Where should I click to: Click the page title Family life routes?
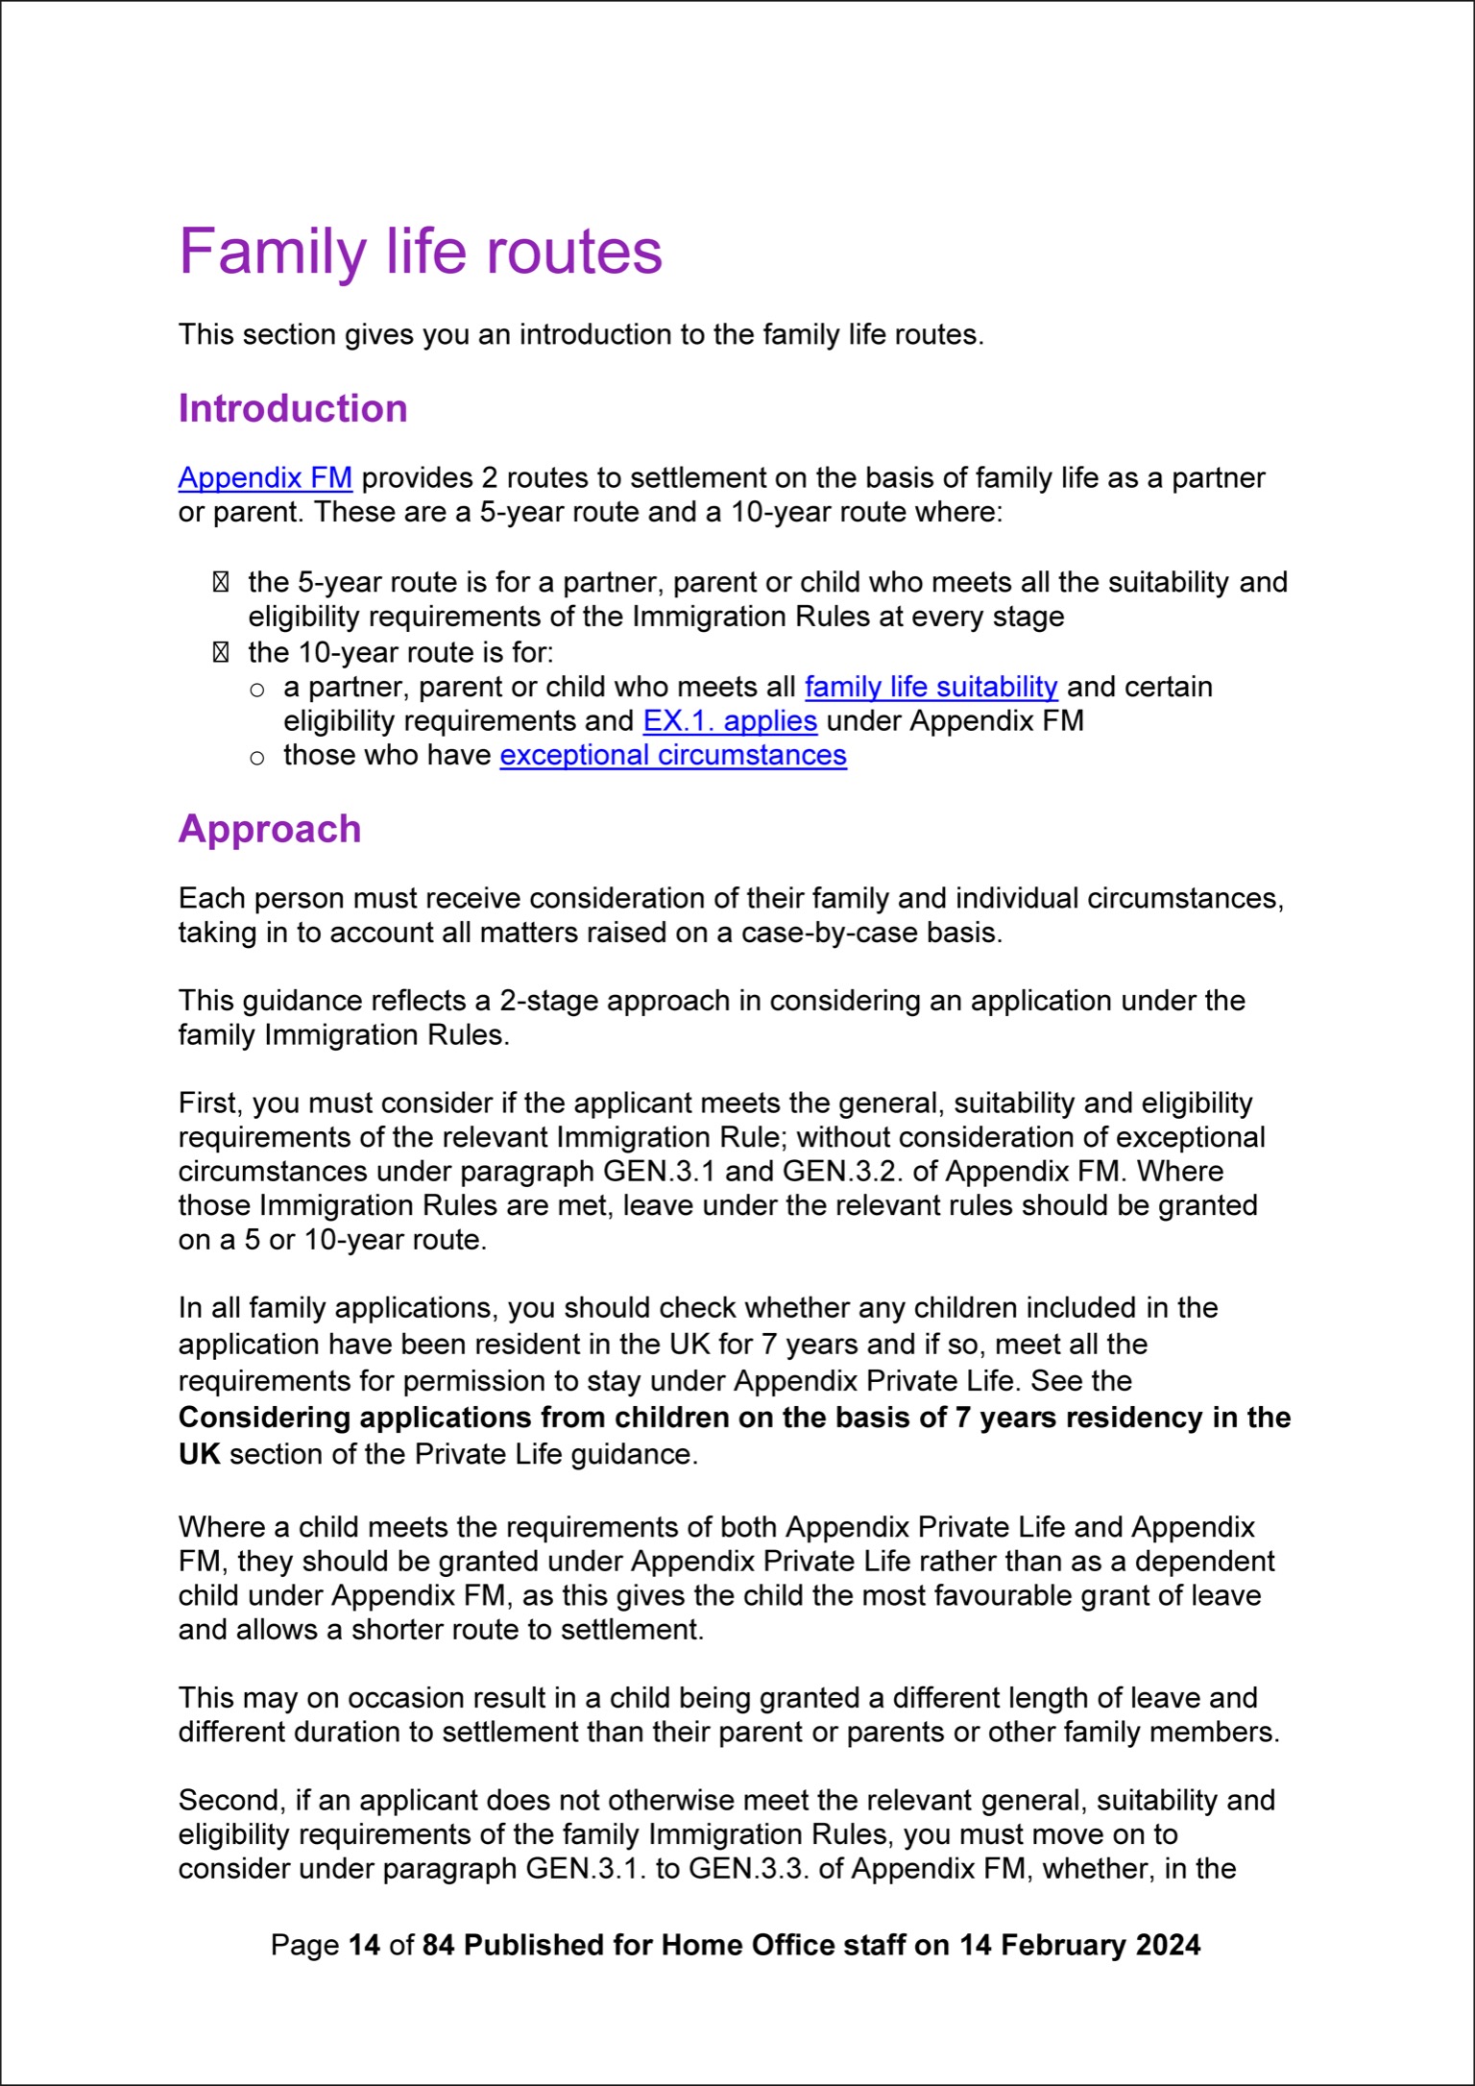[420, 252]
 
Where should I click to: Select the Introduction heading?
[293, 408]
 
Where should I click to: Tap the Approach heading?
[270, 829]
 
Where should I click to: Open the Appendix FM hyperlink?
[265, 477]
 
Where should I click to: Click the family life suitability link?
[931, 687]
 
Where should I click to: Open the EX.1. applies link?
[730, 720]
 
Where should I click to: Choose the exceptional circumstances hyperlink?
[673, 755]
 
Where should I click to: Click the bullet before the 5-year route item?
[221, 582]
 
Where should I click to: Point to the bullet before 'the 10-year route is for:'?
[221, 653]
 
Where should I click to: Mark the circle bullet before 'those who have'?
[256, 758]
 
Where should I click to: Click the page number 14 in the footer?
[364, 1945]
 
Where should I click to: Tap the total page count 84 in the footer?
[438, 1945]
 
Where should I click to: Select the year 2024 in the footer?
[1168, 1945]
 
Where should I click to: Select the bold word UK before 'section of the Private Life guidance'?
[199, 1454]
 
